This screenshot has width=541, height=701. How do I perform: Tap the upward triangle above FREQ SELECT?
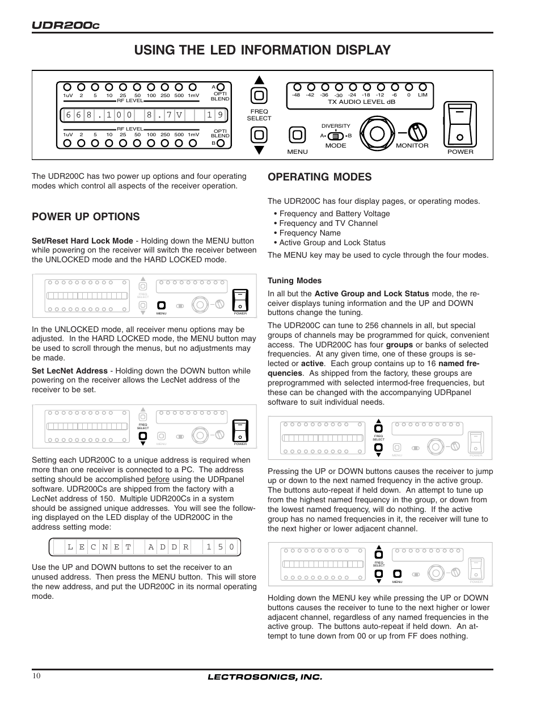pyautogui.click(x=259, y=81)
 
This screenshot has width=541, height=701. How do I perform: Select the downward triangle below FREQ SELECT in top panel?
pyautogui.click(x=259, y=150)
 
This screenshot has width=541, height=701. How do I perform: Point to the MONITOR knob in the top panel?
pyautogui.click(x=418, y=132)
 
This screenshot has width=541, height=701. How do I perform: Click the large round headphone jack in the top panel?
pyautogui.click(x=376, y=133)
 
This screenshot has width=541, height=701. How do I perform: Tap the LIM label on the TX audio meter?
pyautogui.click(x=422, y=95)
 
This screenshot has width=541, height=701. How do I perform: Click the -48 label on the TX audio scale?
pyautogui.click(x=296, y=95)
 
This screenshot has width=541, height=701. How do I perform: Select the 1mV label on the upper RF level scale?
pyautogui.click(x=193, y=95)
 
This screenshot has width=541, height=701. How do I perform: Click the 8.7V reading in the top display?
pyautogui.click(x=164, y=115)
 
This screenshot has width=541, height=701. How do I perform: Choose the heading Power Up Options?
pyautogui.click(x=86, y=216)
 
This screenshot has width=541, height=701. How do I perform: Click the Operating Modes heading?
pyautogui.click(x=319, y=177)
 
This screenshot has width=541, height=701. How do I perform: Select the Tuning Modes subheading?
pyautogui.click(x=294, y=280)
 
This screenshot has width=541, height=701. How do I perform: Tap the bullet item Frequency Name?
pyautogui.click(x=310, y=233)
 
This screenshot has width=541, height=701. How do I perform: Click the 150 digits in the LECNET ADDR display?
pyautogui.click(x=220, y=547)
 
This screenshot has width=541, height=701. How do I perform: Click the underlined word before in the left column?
pyautogui.click(x=158, y=479)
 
